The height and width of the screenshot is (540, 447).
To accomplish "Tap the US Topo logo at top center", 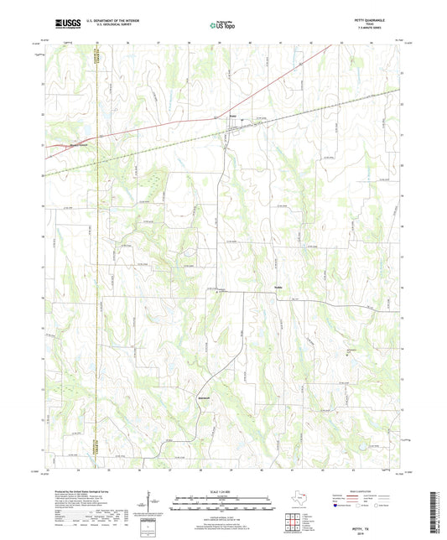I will point(223,25).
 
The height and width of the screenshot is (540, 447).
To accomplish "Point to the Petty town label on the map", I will point(234,116).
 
